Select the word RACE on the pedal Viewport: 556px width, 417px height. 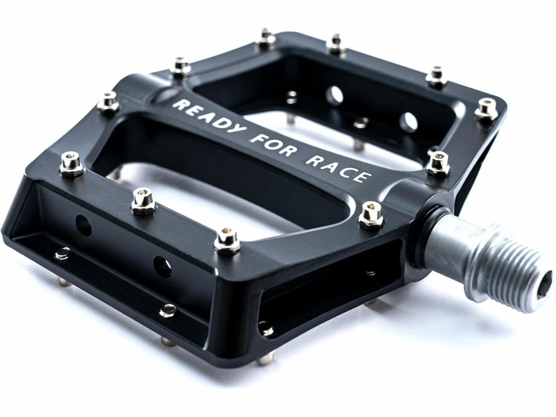pos(337,167)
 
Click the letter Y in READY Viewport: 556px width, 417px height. pos(237,131)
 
